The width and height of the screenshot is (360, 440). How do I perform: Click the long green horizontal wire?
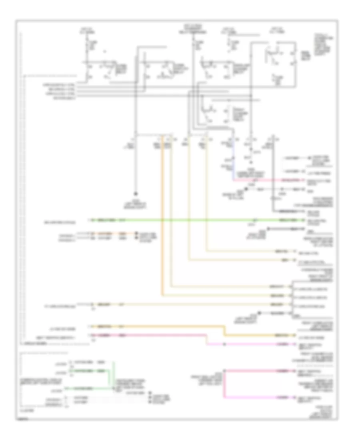pos(180,220)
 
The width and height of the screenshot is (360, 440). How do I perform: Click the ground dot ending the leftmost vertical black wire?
pos(135,192)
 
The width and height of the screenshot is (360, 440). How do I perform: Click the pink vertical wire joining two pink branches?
pos(224,384)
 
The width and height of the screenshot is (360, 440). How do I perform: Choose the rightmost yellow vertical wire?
pos(207,200)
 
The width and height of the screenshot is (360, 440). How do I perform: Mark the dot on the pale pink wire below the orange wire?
pos(224,344)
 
